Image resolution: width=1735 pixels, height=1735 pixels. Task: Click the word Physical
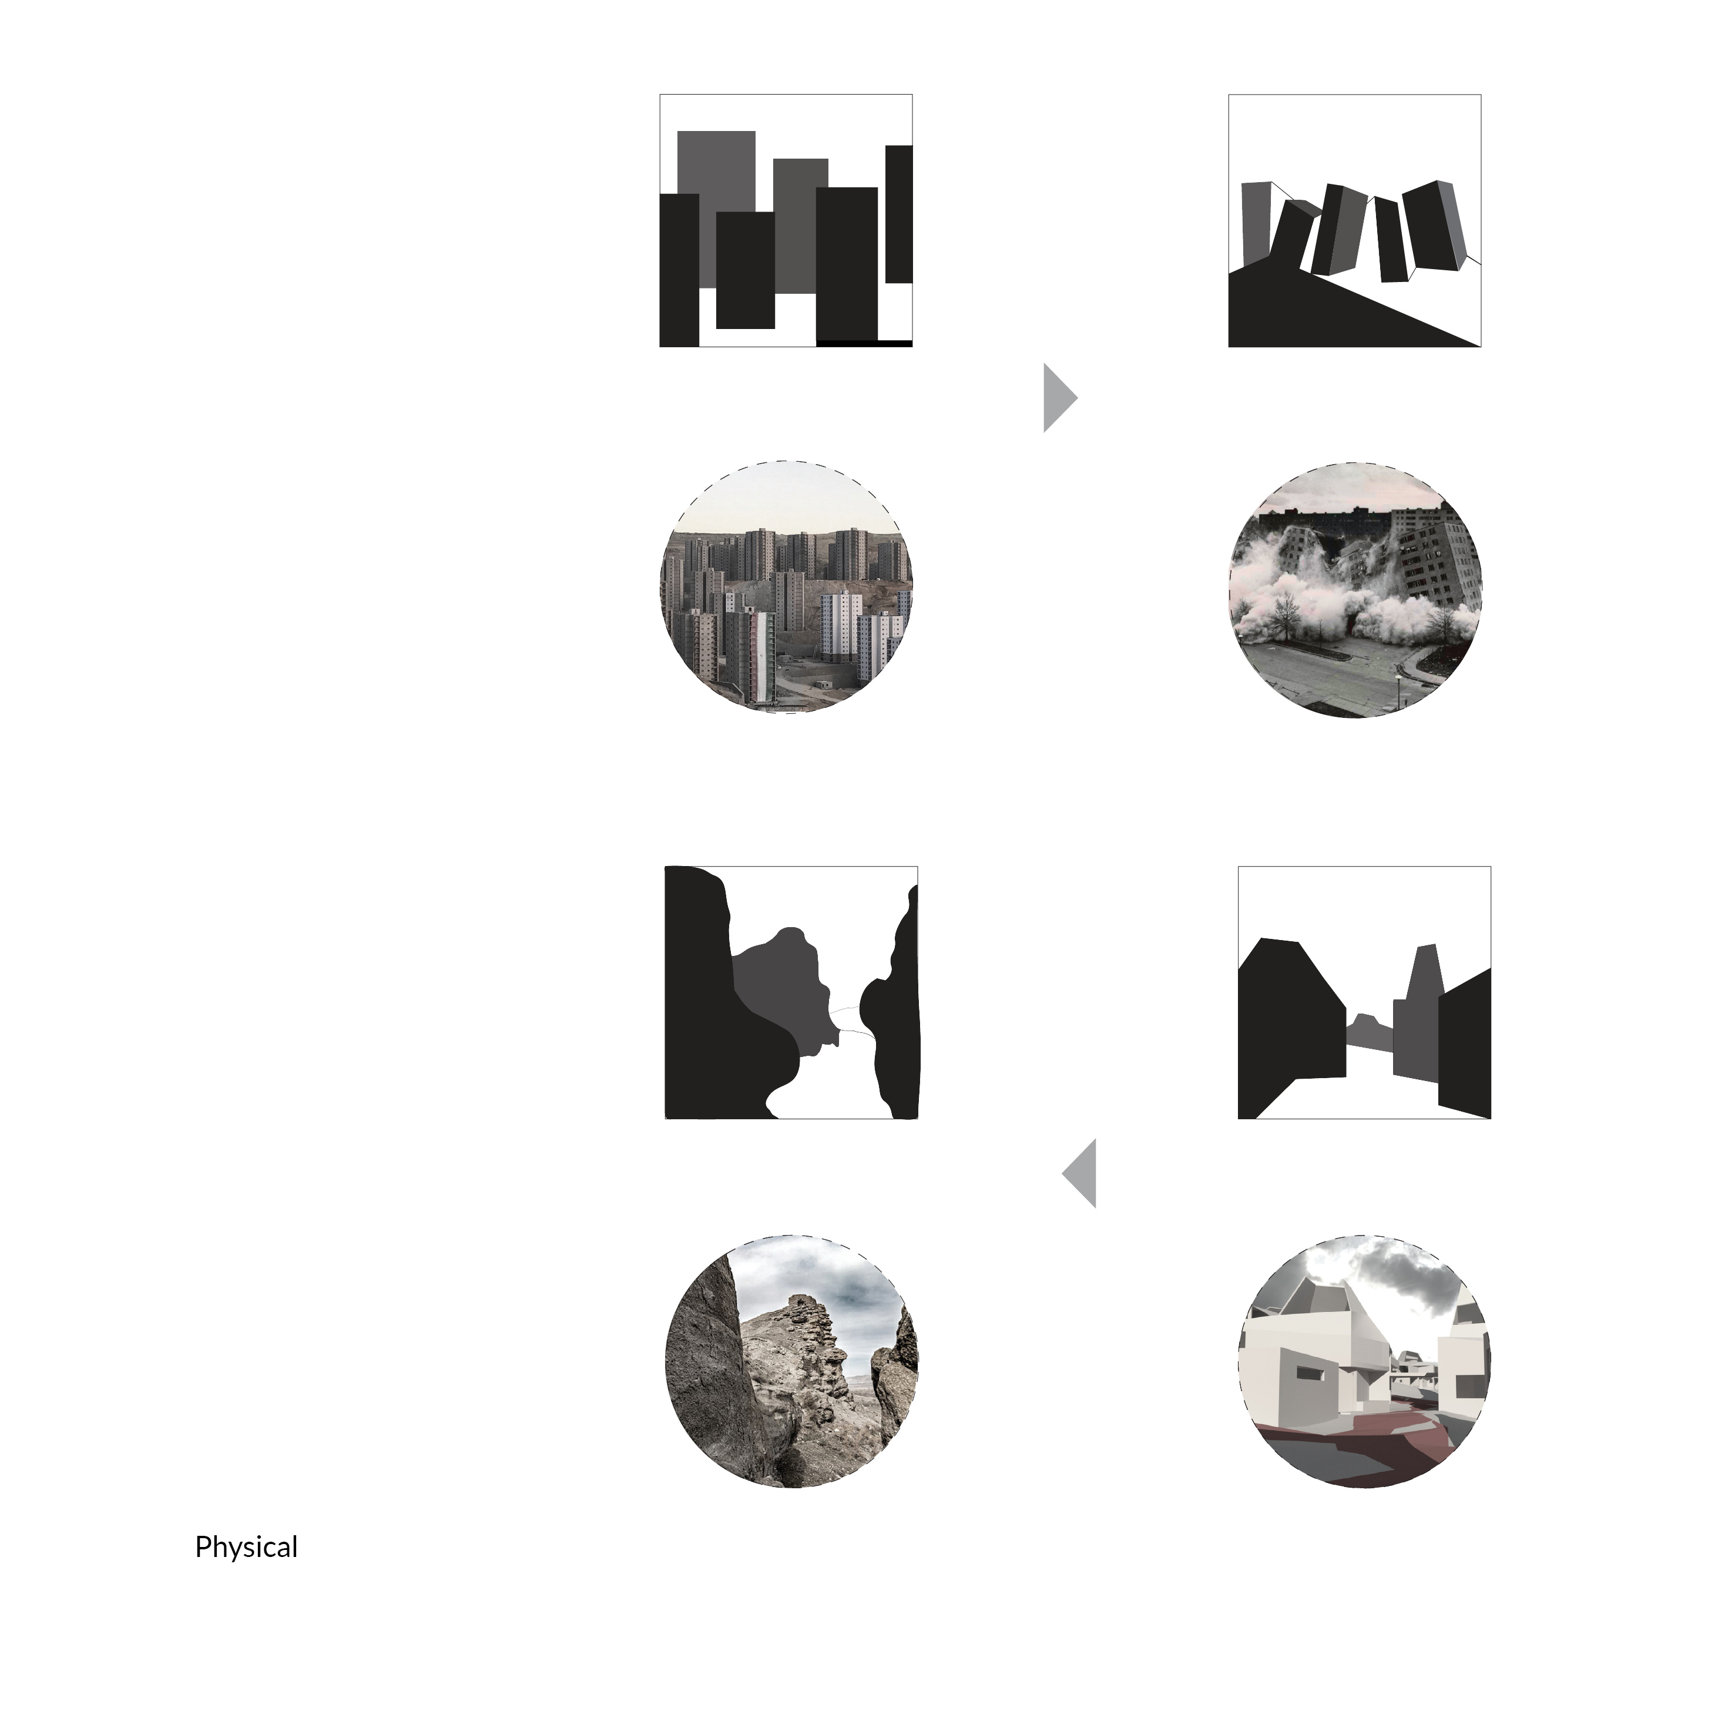click(246, 1548)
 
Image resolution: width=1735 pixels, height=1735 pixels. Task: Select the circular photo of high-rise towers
click(787, 588)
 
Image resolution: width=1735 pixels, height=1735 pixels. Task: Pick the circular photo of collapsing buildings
click(1355, 590)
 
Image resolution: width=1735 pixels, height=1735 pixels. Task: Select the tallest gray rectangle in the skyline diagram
click(716, 207)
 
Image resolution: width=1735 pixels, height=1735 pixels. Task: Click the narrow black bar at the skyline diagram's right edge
click(899, 214)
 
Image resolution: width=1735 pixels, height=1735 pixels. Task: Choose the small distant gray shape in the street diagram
click(1370, 1033)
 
